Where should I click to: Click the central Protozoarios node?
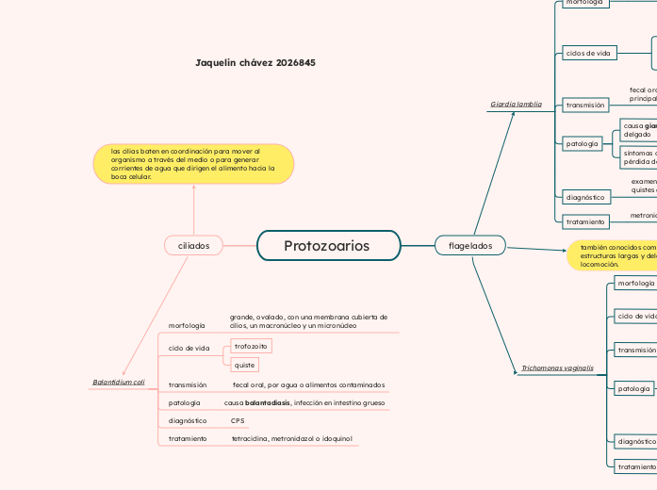[326, 246]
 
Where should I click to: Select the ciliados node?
[193, 246]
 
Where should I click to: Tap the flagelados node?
[469, 246]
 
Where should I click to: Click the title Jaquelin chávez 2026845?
[255, 62]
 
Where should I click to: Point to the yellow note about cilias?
[193, 164]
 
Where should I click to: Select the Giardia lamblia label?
[516, 105]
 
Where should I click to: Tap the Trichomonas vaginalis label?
[557, 367]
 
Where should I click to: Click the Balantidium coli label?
[119, 383]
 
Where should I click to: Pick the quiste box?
[244, 365]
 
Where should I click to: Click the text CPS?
[238, 420]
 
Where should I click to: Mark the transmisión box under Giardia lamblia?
[585, 106]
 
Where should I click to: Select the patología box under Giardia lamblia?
[583, 144]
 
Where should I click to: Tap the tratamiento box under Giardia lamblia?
[585, 221]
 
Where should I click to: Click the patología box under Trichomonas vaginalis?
[632, 388]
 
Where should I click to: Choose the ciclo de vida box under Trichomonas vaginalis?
[635, 317]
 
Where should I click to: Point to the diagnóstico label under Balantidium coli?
[188, 420]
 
